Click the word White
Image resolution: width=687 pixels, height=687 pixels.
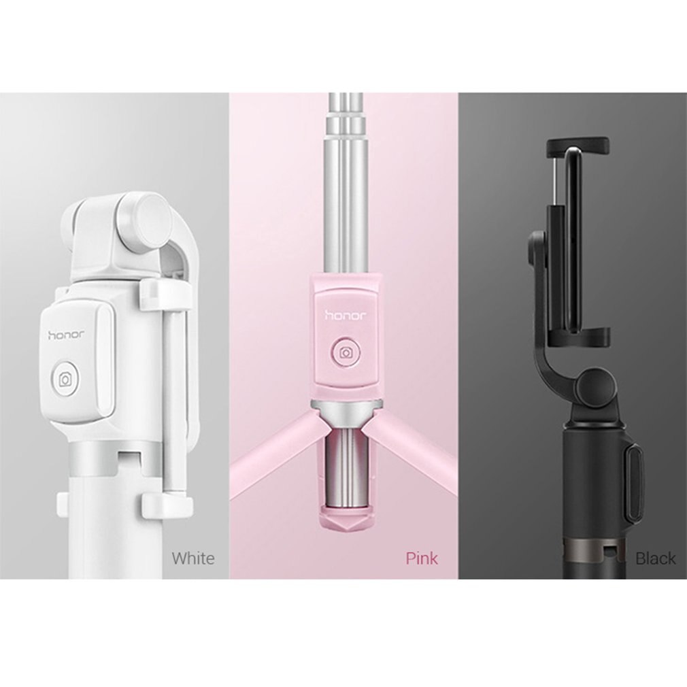[x=192, y=558]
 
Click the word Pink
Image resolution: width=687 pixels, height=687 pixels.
[x=422, y=558]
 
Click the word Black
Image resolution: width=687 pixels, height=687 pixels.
[x=655, y=558]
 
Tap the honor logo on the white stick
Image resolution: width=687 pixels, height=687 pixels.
[x=69, y=334]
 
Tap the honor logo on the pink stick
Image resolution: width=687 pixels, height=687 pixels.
[x=346, y=315]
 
